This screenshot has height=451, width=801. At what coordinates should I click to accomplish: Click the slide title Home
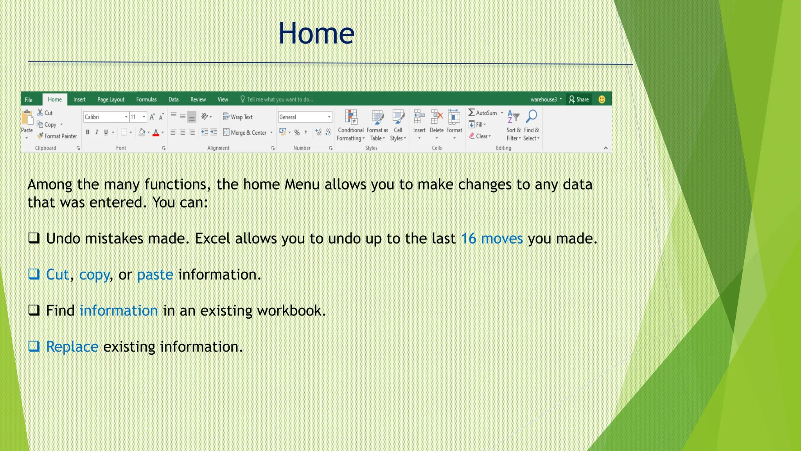tap(316, 34)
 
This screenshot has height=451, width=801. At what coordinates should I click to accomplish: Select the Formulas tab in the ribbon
tap(146, 99)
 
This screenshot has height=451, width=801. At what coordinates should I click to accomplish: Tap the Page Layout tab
tap(111, 99)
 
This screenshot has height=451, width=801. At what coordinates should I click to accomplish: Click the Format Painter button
tap(57, 136)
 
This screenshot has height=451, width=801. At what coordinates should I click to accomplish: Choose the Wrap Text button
tap(238, 117)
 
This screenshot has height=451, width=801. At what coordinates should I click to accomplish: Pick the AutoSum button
tap(483, 113)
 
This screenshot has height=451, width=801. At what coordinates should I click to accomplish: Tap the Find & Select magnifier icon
tap(532, 116)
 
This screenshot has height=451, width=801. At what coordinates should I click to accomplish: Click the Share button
tap(579, 99)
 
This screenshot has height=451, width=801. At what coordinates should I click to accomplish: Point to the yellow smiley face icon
tap(602, 99)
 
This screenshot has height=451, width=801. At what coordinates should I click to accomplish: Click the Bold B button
tap(88, 132)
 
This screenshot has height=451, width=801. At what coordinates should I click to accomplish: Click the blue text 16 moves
tap(492, 238)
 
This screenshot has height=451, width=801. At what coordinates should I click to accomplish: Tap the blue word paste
tap(155, 274)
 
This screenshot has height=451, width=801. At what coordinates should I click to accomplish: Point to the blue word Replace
tap(72, 346)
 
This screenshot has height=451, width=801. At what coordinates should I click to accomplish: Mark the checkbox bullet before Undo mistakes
tap(34, 238)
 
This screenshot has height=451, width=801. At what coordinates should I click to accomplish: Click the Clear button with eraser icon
tap(480, 136)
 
